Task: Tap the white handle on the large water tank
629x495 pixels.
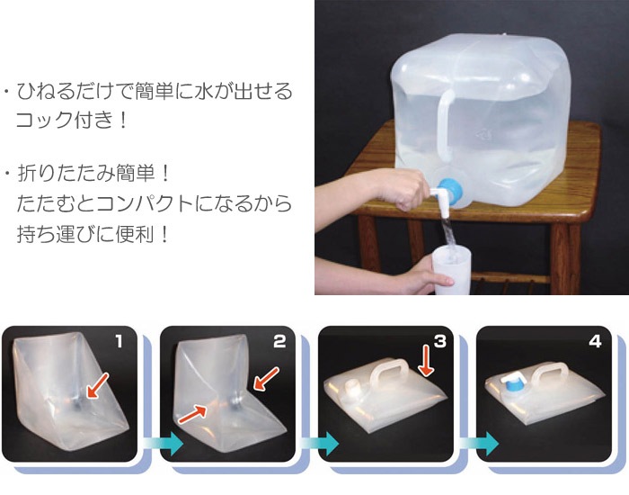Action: tap(445, 122)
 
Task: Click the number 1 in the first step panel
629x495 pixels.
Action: tap(119, 341)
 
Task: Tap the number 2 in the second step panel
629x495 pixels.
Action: tap(279, 341)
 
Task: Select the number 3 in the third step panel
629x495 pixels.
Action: tap(440, 341)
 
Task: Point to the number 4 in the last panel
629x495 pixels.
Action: tap(595, 341)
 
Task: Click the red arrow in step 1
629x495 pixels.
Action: tap(97, 385)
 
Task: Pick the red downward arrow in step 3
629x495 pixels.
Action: tap(426, 360)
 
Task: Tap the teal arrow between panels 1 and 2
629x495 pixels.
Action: tap(164, 444)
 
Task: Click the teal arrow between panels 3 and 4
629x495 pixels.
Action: tap(479, 444)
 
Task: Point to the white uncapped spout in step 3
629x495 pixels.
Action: tap(353, 389)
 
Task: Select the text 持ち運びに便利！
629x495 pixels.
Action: tap(93, 234)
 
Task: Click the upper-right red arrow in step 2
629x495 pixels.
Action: tap(267, 379)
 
